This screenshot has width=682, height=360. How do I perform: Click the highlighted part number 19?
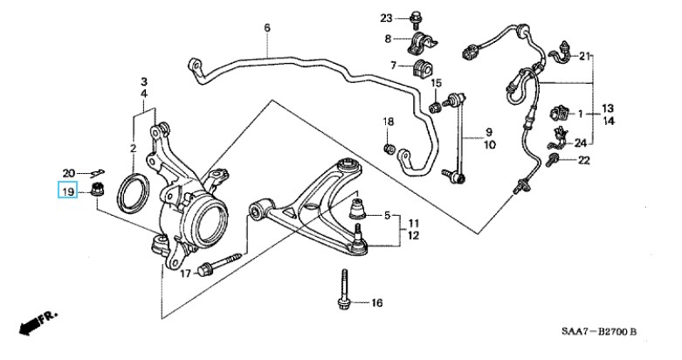pos(66,190)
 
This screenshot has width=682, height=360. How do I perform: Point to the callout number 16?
pos(376,303)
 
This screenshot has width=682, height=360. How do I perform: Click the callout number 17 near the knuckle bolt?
pos(185,274)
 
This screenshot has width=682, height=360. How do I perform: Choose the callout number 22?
pos(584,160)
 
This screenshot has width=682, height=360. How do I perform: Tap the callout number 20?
pos(69,172)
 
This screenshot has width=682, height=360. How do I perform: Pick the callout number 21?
pos(584,57)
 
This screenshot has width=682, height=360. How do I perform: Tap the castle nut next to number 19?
pos(98,190)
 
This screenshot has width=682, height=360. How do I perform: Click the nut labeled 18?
pos(389,148)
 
